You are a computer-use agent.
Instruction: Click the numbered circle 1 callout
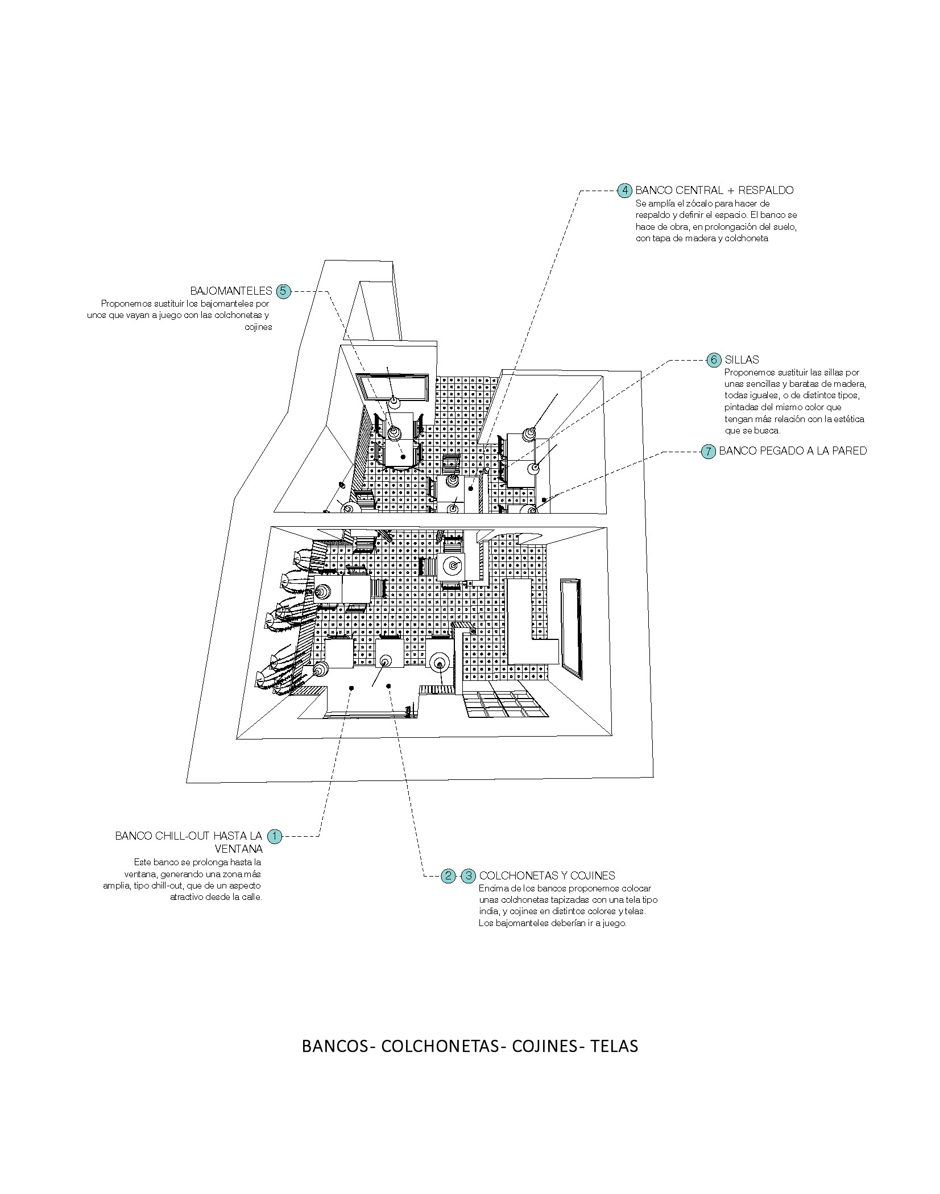pyautogui.click(x=274, y=836)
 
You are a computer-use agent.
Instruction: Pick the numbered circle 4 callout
pyautogui.click(x=624, y=190)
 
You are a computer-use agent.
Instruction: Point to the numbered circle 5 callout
pyautogui.click(x=283, y=291)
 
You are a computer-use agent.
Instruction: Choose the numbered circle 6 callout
pyautogui.click(x=713, y=360)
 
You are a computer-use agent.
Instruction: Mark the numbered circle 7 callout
pyautogui.click(x=707, y=452)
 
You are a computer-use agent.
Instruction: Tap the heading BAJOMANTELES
pyautogui.click(x=231, y=291)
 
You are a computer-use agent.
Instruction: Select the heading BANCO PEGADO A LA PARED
pyautogui.click(x=793, y=451)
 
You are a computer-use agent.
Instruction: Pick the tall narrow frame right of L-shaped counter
pyautogui.click(x=571, y=629)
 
